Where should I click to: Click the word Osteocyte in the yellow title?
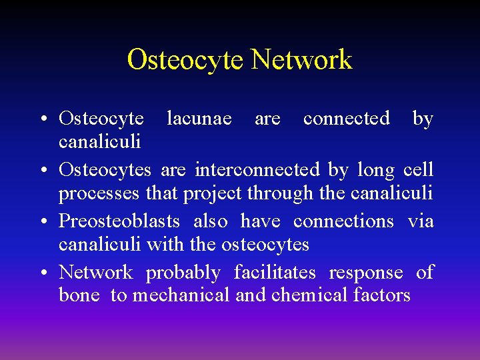(186, 59)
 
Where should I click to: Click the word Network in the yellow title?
(301, 59)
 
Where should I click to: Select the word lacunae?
(199, 119)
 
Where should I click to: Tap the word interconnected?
(257, 170)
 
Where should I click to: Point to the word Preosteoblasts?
(120, 221)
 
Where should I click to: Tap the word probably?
(183, 273)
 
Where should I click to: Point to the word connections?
(343, 221)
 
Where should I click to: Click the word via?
(421, 221)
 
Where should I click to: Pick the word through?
(279, 193)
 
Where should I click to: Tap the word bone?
(79, 295)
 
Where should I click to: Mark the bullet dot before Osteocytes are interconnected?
(43, 171)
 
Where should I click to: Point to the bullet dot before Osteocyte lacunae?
(43, 119)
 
